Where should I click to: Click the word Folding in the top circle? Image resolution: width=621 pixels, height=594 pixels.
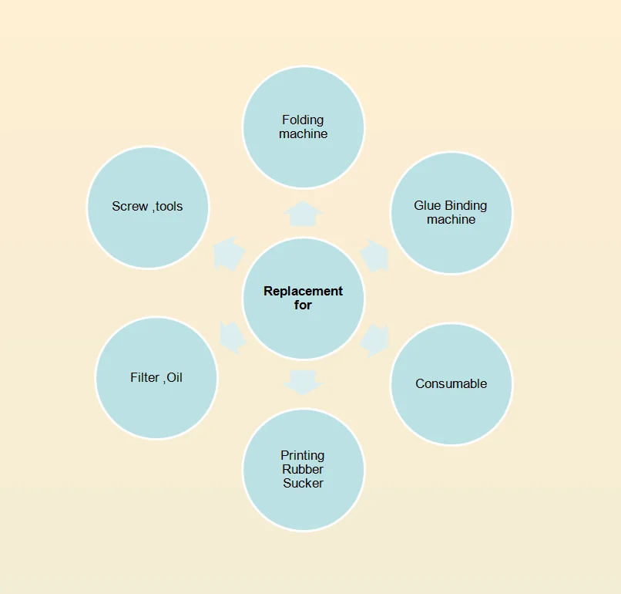pos(303,120)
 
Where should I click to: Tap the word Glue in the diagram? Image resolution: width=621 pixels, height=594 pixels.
pos(427,205)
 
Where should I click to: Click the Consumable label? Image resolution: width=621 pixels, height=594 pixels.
pos(451,383)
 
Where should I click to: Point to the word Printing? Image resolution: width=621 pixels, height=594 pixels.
pos(302,455)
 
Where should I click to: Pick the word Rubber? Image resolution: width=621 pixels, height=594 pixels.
pos(302,469)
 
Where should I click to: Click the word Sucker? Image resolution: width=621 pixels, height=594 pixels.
pos(303,483)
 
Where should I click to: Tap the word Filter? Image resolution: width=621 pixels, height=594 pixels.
pos(145,378)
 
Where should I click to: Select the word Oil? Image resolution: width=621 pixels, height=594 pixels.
pos(175,378)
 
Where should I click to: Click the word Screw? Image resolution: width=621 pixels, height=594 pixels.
pos(129,206)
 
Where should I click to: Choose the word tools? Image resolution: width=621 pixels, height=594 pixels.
pos(169,206)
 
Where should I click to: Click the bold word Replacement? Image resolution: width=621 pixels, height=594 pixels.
pos(303,291)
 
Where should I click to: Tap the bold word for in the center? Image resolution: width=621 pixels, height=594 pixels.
pos(303,305)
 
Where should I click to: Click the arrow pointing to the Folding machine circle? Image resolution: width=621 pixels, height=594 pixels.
pos(303,213)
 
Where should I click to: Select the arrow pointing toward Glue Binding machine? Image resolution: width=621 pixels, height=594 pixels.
pos(374,255)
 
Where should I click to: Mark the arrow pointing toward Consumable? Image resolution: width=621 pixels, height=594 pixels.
pos(374,339)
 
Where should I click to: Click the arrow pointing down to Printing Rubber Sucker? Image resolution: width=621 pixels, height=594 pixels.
pos(303,381)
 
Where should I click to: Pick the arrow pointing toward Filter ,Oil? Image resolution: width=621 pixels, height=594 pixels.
pos(232,337)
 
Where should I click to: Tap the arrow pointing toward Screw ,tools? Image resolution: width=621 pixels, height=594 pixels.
pos(229,254)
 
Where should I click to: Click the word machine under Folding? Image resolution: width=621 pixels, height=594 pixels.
pos(303,133)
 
